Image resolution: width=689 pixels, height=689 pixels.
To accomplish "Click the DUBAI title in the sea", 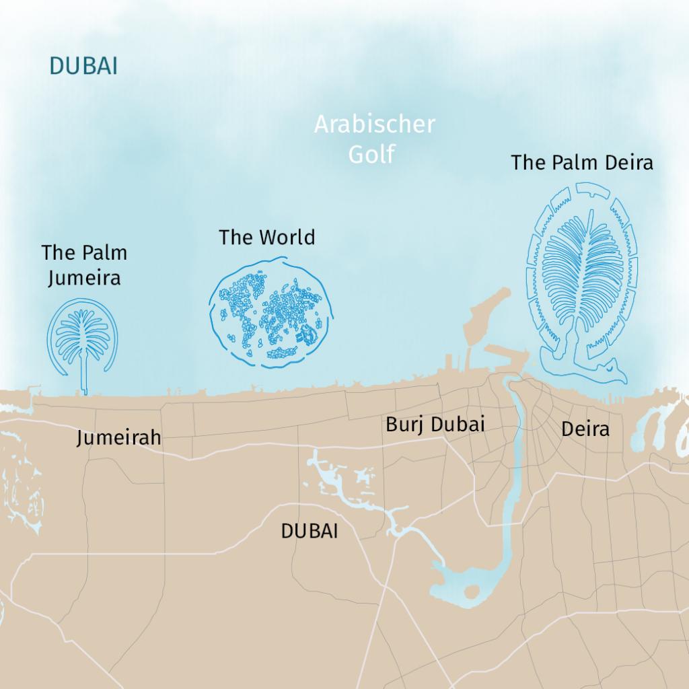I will pos(83,66).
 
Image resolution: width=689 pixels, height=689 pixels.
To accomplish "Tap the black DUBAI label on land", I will pos(309,531).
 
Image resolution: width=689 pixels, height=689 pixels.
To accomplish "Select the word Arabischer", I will pos(375,125).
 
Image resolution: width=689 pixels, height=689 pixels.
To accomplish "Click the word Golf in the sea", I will pos(371,153).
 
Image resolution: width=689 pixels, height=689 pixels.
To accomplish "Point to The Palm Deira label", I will pos(581,163).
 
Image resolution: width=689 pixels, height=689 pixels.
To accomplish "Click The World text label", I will pos(266,238).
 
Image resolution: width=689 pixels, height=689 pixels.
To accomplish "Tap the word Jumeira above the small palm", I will pos(84,277).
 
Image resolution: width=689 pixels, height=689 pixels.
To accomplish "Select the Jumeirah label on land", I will pos(118,438).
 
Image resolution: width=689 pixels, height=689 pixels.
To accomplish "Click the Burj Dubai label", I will pos(435,425).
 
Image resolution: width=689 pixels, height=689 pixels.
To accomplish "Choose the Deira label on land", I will pos(585,429).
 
